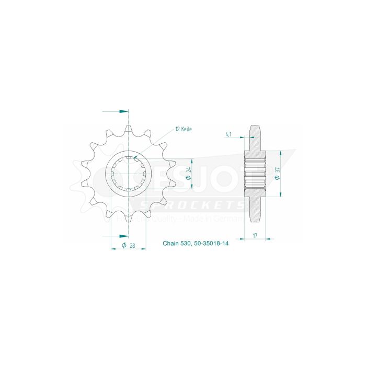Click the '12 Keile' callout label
coord(184,129)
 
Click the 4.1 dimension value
coord(228,134)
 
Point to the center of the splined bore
coord(129,173)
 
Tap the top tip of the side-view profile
coord(255,127)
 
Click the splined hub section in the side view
coord(255,173)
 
